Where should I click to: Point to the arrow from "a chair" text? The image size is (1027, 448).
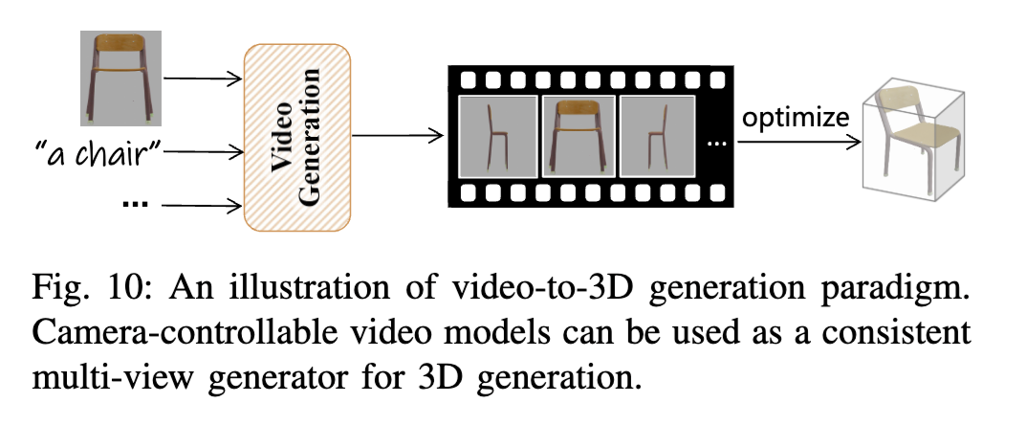(x=204, y=151)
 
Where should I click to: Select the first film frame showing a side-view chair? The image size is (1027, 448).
(x=497, y=135)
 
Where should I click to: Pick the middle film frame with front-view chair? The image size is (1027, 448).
(x=578, y=135)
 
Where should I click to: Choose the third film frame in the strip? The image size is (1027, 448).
(x=658, y=135)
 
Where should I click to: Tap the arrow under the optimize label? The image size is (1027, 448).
(x=796, y=141)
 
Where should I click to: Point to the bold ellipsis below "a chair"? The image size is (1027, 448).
(x=135, y=205)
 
